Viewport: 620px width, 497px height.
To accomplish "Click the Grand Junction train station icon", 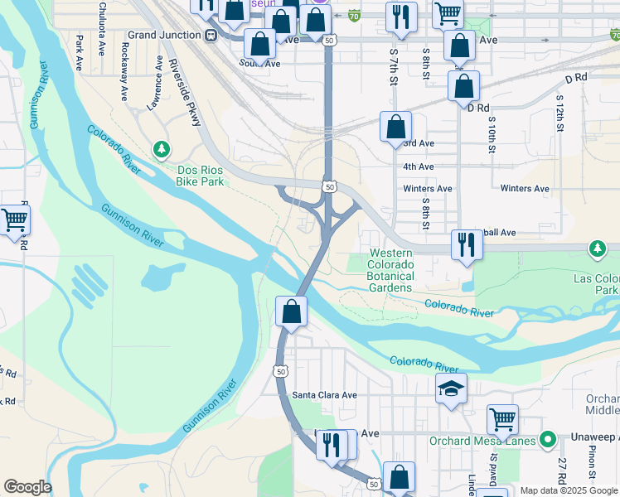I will click(x=211, y=36).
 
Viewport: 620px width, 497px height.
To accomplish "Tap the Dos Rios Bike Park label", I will click(x=201, y=176).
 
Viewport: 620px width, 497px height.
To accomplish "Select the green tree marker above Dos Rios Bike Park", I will click(x=162, y=149).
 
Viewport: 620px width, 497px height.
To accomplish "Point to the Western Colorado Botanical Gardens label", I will click(x=390, y=270).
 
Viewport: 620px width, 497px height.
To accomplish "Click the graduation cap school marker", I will click(x=451, y=388).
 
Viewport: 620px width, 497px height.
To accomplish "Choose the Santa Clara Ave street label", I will click(x=324, y=395).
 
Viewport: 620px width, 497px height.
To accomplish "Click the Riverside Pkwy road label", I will click(x=185, y=93).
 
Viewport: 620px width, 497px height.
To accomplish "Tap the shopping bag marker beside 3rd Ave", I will click(x=396, y=127).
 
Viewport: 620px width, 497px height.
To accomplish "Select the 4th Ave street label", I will click(x=419, y=166).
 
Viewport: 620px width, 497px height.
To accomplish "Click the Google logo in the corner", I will click(x=27, y=487).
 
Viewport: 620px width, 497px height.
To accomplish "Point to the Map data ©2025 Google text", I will click(x=569, y=490).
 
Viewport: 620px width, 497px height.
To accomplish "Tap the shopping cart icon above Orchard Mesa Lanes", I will click(x=502, y=420).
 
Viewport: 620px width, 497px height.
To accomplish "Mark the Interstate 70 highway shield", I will click(x=354, y=15).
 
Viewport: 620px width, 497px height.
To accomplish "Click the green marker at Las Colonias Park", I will click(x=597, y=248).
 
